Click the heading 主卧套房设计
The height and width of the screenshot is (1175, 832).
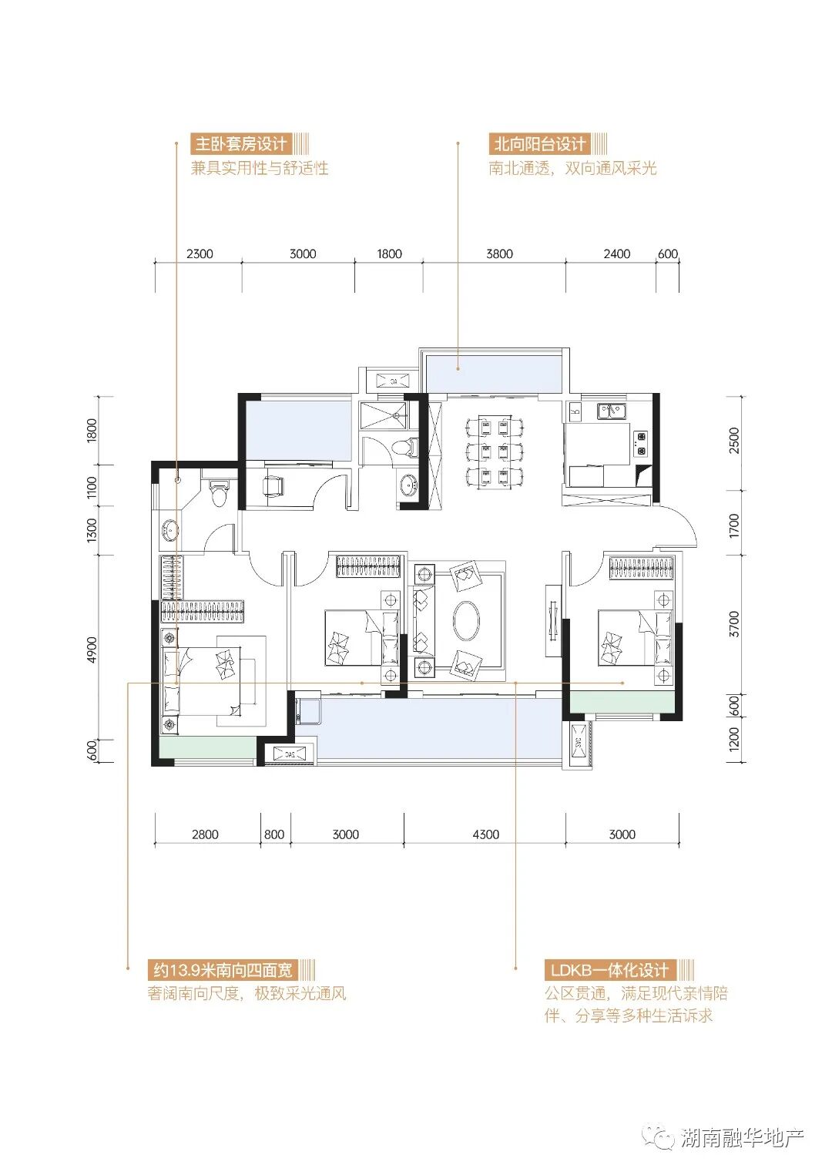(x=241, y=144)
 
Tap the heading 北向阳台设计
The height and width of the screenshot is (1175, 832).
(x=539, y=144)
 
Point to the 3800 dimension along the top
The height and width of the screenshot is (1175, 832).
(x=499, y=254)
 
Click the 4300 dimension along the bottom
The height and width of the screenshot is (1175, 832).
(x=486, y=834)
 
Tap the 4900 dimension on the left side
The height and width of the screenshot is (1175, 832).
(x=92, y=650)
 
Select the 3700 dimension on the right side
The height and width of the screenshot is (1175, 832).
(x=734, y=624)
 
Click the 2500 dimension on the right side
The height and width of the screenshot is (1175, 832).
(x=734, y=441)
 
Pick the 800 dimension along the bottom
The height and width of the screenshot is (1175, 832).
(x=274, y=834)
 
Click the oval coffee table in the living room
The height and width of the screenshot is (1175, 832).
(x=466, y=621)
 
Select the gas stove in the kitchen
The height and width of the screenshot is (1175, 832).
(x=640, y=443)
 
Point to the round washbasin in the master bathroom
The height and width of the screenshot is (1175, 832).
(x=170, y=530)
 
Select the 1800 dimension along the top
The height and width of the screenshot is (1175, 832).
(x=389, y=254)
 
